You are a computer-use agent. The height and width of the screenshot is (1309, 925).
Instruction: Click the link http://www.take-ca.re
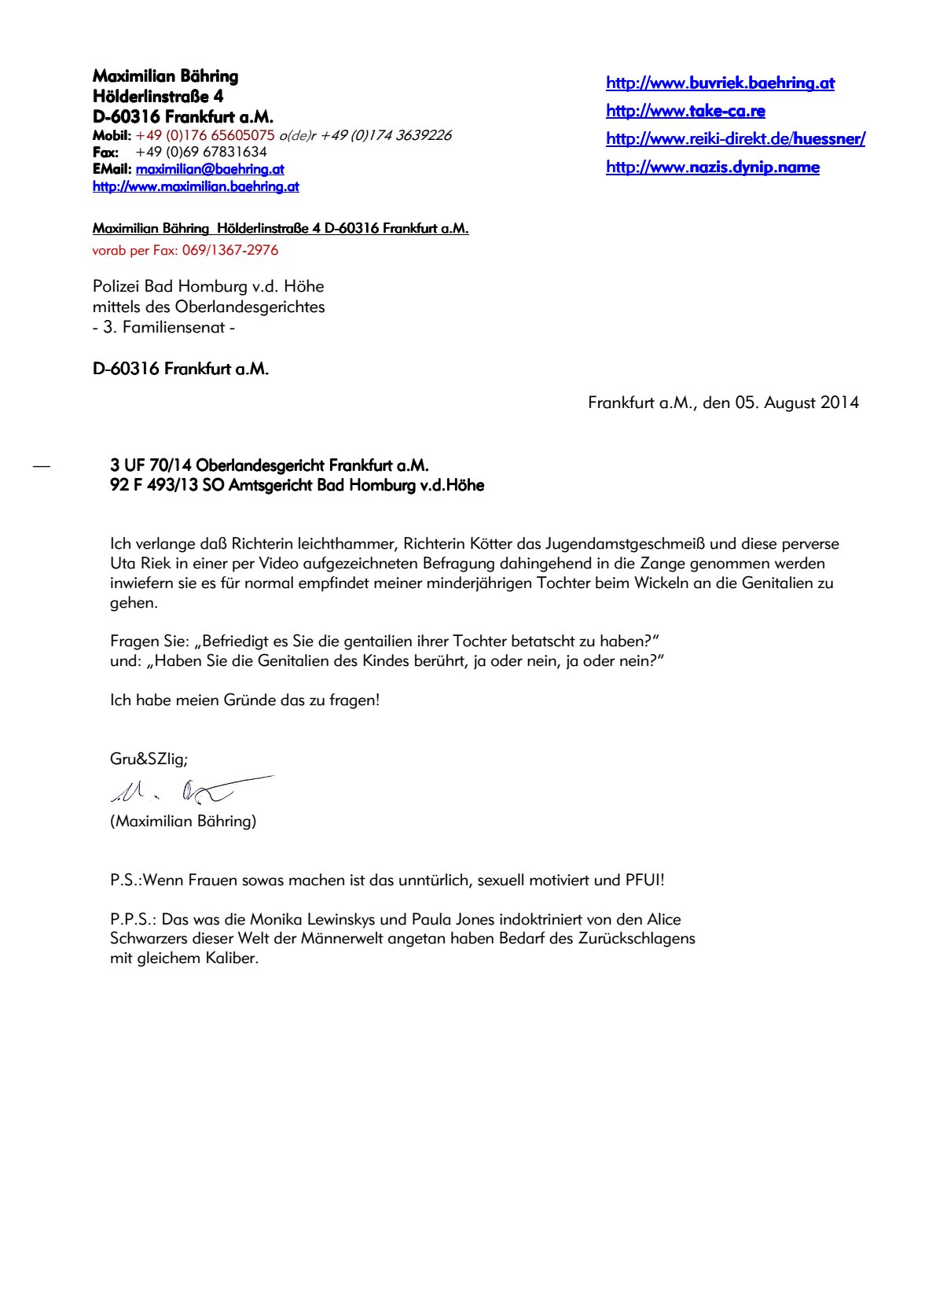point(685,111)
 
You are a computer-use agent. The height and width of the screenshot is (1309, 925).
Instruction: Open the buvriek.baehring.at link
point(720,83)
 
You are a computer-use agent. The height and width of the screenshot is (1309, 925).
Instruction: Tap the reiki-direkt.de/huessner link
point(735,139)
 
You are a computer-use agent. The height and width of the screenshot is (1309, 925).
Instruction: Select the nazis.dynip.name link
point(712,167)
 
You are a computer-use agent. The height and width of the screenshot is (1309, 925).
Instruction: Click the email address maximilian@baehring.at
point(210,169)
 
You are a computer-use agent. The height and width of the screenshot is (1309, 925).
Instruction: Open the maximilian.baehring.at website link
point(196,186)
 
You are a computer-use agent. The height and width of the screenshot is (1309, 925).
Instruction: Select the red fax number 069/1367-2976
point(230,250)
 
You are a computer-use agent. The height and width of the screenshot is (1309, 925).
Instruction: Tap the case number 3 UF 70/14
point(151,465)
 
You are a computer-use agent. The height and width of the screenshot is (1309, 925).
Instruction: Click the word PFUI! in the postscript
point(644,880)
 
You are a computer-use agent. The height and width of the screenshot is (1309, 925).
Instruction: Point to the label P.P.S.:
point(134,919)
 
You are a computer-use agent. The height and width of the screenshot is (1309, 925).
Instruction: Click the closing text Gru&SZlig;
point(149,759)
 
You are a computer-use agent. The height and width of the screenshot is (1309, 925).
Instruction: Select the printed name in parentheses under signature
point(183,821)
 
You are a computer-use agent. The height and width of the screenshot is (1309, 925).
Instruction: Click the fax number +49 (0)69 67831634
point(201,152)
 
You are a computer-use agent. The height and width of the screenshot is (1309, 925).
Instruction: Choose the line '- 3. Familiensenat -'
point(163,327)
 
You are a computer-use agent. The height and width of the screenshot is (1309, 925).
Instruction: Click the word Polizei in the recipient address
point(116,286)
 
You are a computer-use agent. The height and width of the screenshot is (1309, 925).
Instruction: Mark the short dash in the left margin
point(42,467)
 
